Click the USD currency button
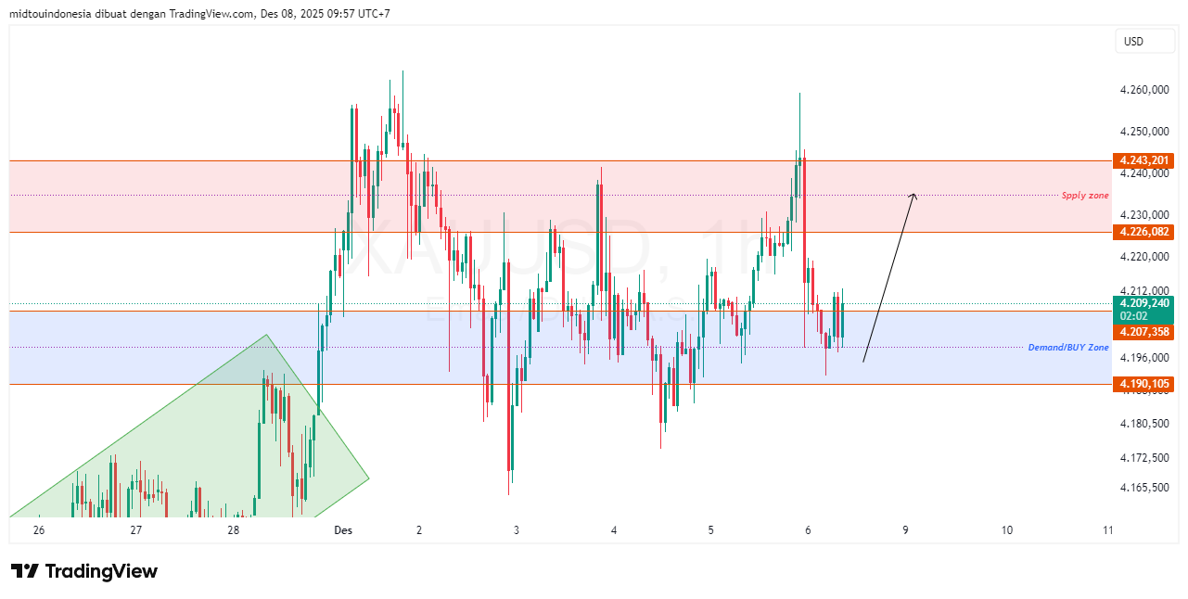point(1133,42)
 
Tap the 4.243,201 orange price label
point(1144,160)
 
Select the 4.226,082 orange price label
point(1144,232)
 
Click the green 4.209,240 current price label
point(1144,303)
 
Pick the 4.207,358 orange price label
point(1144,331)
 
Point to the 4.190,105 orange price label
point(1144,384)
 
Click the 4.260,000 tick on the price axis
point(1143,91)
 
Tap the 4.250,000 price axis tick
point(1143,132)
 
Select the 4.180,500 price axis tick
point(1143,424)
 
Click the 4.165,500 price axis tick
point(1143,487)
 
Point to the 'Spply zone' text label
point(1085,196)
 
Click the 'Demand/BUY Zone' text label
point(1067,348)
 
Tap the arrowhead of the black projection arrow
point(914,195)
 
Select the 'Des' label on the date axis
point(343,530)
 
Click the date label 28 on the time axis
point(233,530)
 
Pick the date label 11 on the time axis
point(1107,530)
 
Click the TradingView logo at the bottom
point(84,571)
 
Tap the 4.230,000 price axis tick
point(1143,214)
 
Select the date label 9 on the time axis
point(905,530)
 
